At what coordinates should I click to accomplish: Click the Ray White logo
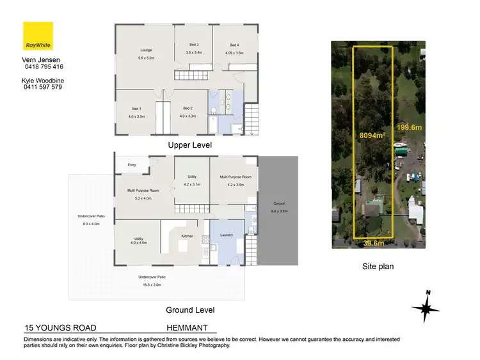click(x=38, y=36)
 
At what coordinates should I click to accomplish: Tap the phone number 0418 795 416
click(x=43, y=67)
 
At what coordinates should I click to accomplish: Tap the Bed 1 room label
click(x=136, y=112)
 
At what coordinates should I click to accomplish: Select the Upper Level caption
click(x=189, y=145)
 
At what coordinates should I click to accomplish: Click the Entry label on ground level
click(x=132, y=165)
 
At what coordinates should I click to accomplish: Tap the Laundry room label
click(x=227, y=235)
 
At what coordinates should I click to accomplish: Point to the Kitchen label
click(x=187, y=237)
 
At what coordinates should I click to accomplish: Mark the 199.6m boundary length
click(x=410, y=127)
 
